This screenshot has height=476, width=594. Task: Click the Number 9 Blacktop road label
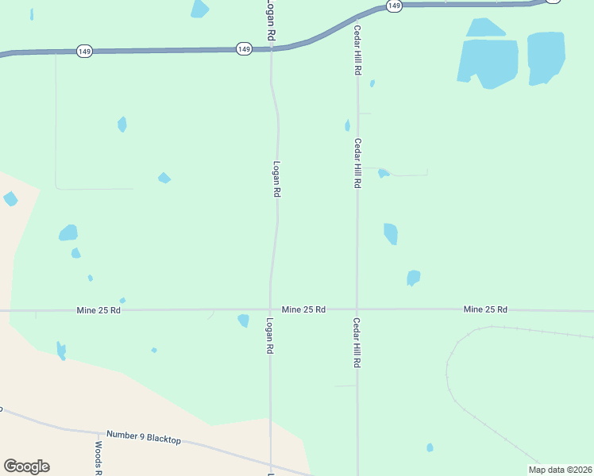144,440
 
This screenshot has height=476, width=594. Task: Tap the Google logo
26,466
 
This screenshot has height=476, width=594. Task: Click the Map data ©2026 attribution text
560,470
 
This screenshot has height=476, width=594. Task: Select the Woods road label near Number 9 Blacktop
98,459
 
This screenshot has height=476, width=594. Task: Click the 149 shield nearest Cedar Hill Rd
395,6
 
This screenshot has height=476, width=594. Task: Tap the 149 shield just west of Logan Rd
245,49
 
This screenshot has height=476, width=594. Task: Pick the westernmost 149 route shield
84,52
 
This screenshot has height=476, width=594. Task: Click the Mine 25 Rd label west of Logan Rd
98,309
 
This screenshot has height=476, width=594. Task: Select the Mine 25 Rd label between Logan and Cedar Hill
303,309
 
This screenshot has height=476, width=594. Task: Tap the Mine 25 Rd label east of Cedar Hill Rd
485,309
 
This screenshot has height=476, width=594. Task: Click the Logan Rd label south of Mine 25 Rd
270,336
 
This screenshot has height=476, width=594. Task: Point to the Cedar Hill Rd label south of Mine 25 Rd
357,342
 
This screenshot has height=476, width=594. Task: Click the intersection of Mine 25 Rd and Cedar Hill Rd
357,309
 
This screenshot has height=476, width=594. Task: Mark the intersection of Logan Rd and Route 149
271,48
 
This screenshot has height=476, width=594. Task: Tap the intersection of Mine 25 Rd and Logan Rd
270,309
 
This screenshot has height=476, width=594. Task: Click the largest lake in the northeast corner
488,62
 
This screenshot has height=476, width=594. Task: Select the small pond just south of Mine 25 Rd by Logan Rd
243,321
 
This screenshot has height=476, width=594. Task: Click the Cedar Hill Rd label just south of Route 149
358,50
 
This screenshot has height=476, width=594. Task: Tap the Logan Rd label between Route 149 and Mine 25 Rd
276,179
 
